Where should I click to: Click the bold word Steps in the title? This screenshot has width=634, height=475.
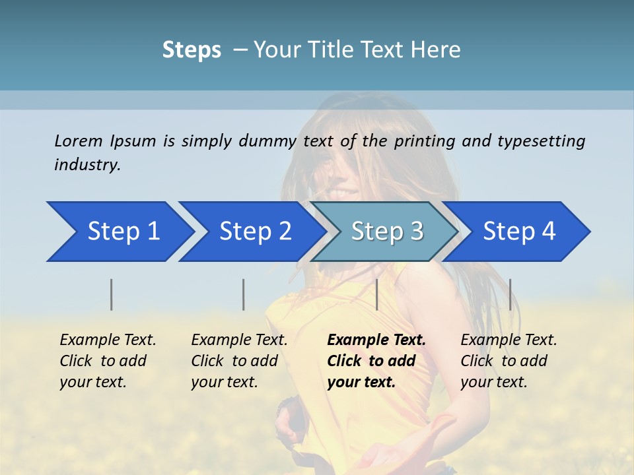192,49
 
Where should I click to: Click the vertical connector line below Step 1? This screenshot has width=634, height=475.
112,294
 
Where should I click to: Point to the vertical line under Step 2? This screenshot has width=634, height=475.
244,294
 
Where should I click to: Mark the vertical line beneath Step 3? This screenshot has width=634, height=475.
376,294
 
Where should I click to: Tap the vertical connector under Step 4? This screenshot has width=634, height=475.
510,294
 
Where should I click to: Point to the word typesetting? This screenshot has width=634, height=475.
541,141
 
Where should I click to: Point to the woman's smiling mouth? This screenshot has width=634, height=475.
344,193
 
